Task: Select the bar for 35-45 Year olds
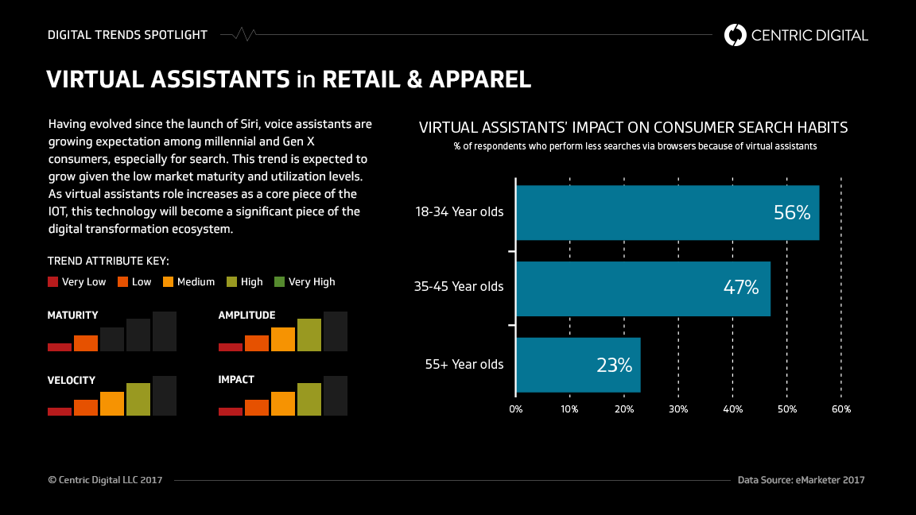pos(642,288)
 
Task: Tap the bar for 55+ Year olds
pos(577,365)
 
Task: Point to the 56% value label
pos(791,212)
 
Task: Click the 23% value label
pos(614,365)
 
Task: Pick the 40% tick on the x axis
pos(732,409)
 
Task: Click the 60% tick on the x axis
pos(840,409)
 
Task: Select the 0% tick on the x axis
pos(516,409)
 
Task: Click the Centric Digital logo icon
pos(736,35)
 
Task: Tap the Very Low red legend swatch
pos(53,282)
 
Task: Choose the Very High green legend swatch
pos(279,282)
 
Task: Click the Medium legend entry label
pos(196,282)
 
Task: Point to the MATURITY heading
pos(73,316)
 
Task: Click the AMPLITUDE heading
pos(246,316)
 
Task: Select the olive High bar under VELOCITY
pos(138,399)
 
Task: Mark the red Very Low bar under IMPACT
pos(231,411)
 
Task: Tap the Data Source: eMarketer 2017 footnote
pos(801,480)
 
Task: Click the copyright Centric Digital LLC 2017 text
pos(105,480)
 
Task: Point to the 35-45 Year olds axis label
pos(459,287)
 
